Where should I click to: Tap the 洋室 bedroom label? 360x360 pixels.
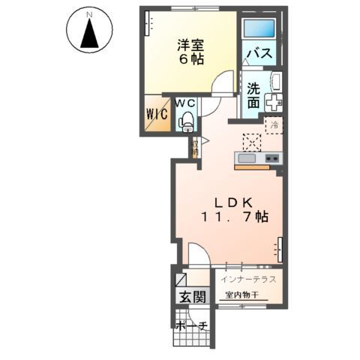[x=193, y=46]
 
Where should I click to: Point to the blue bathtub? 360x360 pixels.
[x=260, y=29]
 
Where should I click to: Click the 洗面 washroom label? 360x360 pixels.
[x=254, y=93]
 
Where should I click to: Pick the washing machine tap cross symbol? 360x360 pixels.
[x=274, y=101]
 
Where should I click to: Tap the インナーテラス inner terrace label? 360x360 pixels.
[x=249, y=280]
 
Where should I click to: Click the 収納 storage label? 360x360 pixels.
[x=195, y=145]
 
